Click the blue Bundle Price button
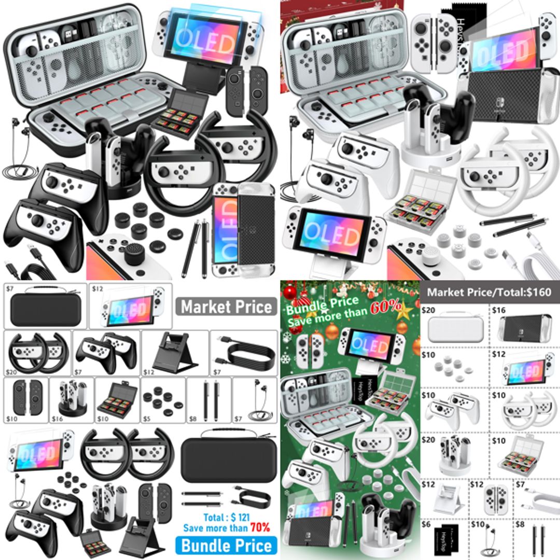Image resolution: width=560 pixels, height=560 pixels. click(226, 545)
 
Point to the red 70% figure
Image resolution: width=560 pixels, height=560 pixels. click(260, 528)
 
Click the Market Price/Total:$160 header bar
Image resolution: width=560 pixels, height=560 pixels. click(489, 292)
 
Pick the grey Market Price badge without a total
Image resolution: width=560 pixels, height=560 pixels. click(226, 307)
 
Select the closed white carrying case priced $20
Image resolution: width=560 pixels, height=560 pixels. click(455, 330)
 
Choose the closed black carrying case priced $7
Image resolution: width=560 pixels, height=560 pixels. click(46, 312)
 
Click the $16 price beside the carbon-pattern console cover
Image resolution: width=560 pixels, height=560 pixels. click(498, 310)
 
